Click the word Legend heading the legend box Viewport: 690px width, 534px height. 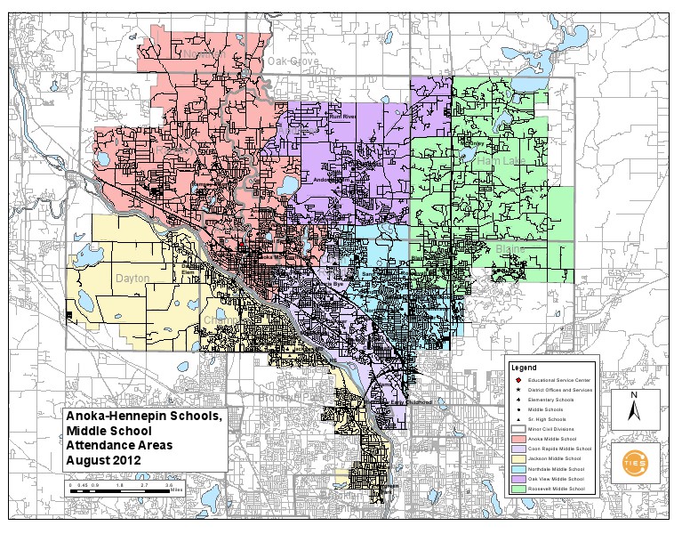[525, 368]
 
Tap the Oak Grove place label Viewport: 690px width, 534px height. [293, 61]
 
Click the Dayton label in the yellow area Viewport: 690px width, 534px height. [133, 278]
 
